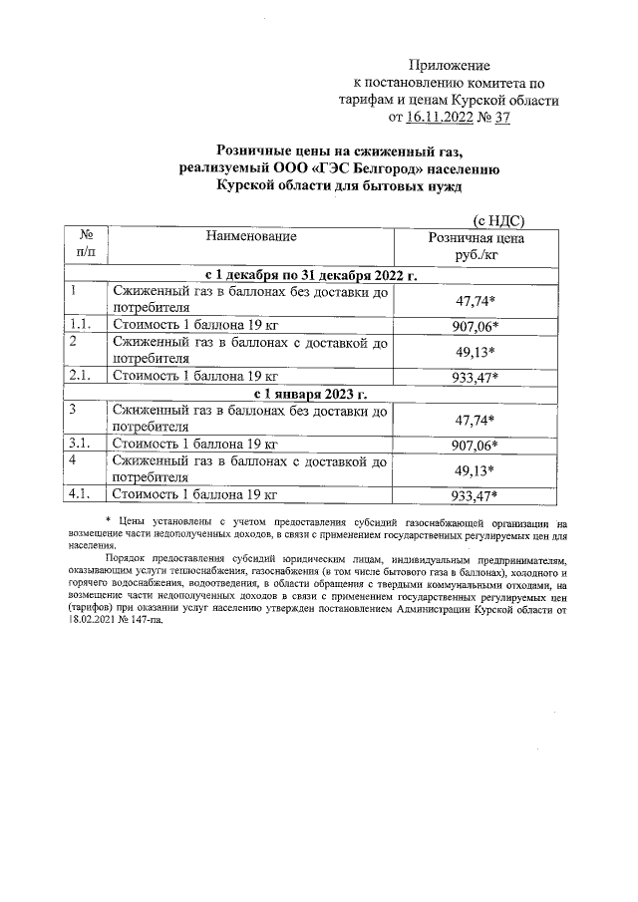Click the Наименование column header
tap(251, 237)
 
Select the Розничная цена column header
tap(476, 246)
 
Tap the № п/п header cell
tap(86, 245)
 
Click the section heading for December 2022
tap(310, 274)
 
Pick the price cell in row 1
tap(476, 300)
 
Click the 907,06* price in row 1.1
tap(476, 325)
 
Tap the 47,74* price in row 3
tap(476, 420)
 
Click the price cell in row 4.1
tap(476, 494)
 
